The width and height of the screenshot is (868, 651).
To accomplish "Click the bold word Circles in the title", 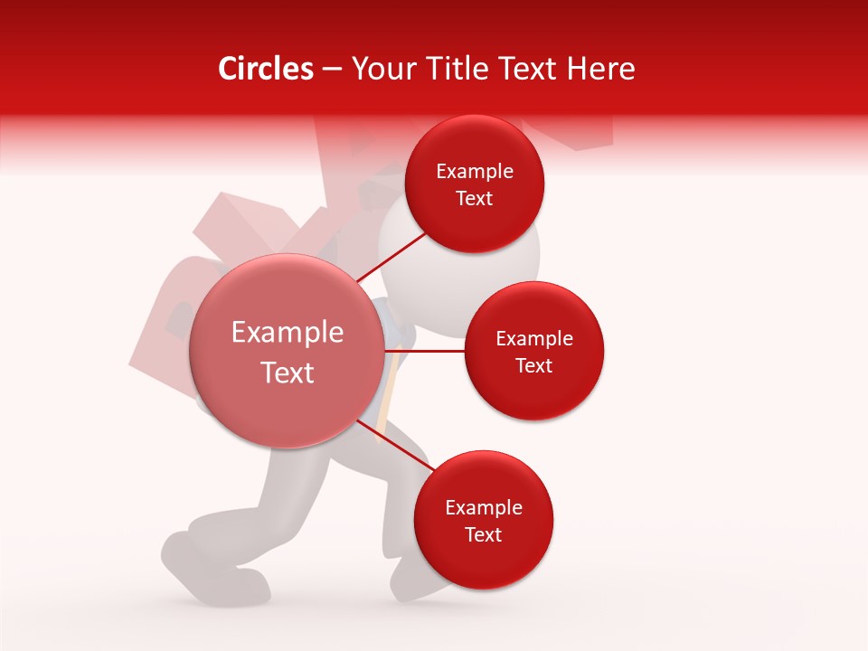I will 265,69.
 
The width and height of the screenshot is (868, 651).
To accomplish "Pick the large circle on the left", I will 287,351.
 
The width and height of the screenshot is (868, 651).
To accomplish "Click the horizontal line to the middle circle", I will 425,350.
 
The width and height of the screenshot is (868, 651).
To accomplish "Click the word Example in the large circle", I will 288,333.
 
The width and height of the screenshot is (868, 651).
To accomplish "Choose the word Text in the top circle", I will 475,198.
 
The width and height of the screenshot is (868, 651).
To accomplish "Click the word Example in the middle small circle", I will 534,339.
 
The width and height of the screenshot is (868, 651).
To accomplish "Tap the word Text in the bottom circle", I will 484,534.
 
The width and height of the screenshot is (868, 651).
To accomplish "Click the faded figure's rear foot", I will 194,561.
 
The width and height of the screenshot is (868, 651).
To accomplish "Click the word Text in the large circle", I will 288,373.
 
